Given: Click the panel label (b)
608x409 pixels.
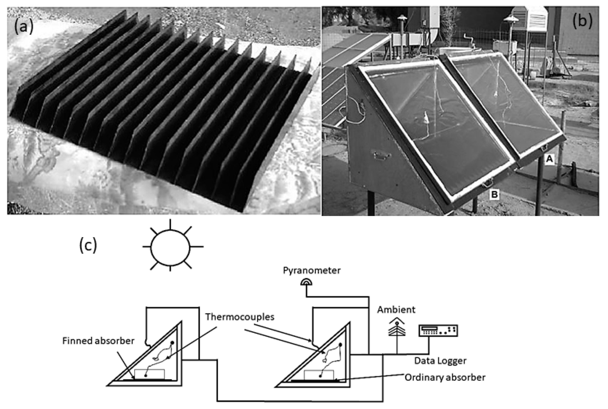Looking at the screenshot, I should (582, 21).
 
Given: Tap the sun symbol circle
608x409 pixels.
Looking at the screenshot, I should (170, 248).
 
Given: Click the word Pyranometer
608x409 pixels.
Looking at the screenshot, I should (312, 270).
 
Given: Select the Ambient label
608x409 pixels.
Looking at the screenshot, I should (396, 310).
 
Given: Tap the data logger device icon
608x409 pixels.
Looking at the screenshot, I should (438, 331).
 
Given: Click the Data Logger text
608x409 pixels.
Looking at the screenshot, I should (440, 361).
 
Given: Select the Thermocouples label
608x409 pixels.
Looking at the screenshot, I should (240, 317).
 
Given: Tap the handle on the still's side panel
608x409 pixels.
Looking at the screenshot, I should (382, 156).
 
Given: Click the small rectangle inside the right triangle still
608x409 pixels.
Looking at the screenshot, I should (319, 375).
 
